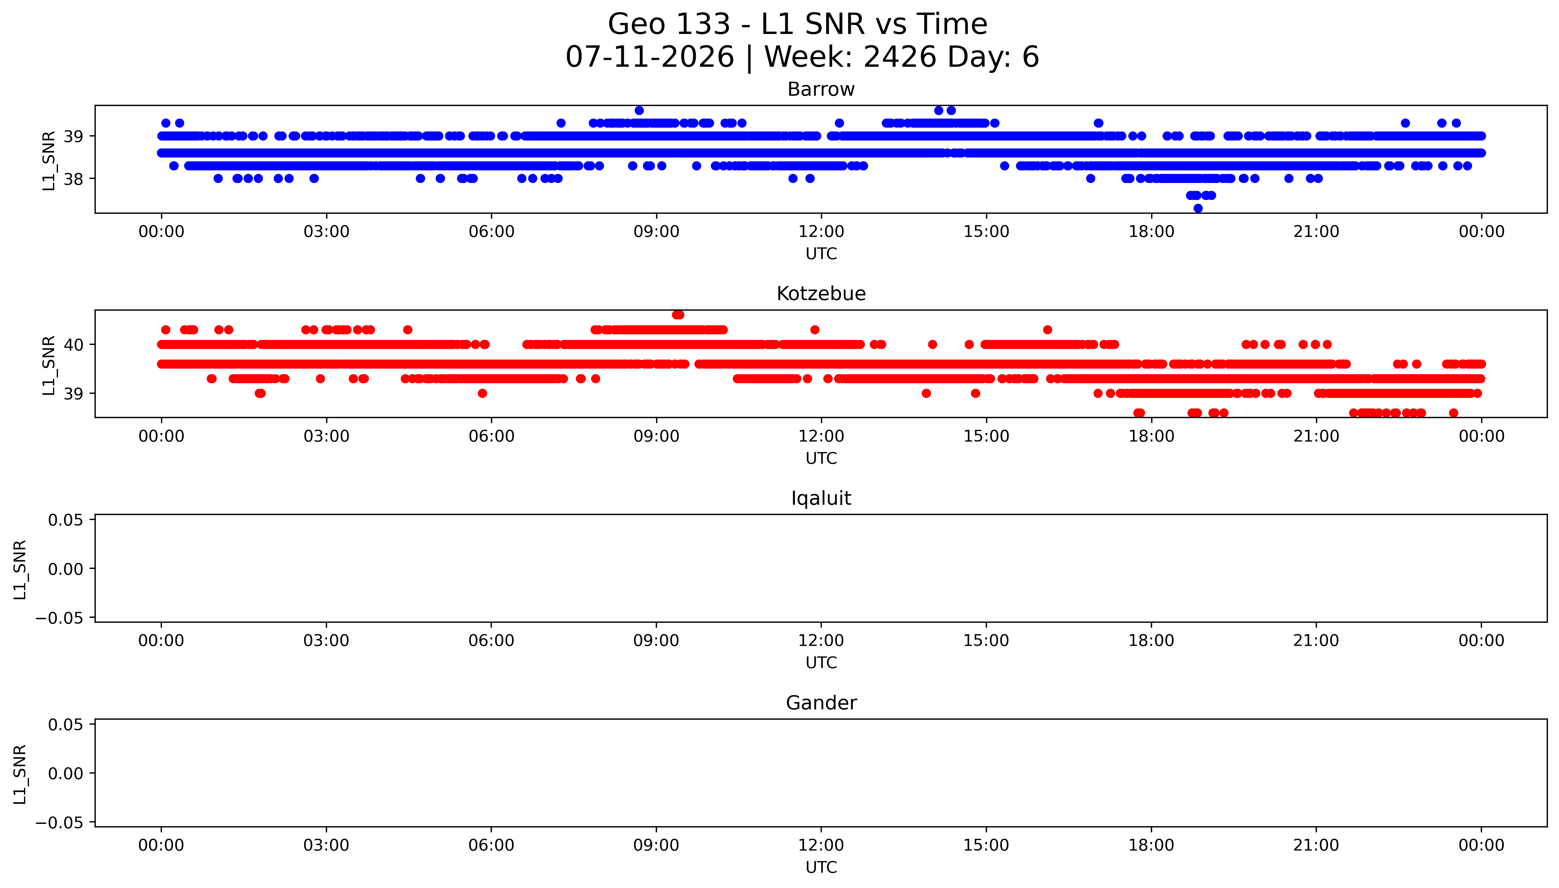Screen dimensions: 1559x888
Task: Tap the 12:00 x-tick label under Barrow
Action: click(x=821, y=232)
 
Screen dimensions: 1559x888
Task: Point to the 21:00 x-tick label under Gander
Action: click(x=1316, y=845)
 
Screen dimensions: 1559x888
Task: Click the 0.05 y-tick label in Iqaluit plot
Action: click(x=66, y=520)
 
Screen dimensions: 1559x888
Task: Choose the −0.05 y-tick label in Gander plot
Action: click(x=59, y=823)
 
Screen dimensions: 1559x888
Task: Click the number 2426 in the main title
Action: click(x=900, y=57)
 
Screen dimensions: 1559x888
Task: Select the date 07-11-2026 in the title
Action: click(x=650, y=57)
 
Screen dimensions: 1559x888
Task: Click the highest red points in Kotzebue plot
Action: click(x=678, y=315)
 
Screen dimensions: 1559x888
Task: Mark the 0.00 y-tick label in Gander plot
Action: click(x=66, y=774)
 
